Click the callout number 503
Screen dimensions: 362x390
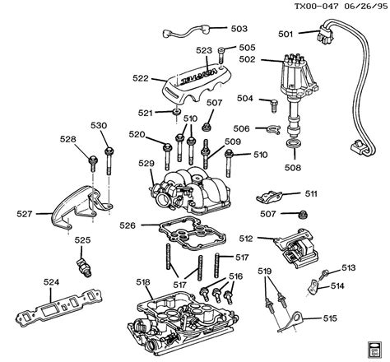[x=239, y=28]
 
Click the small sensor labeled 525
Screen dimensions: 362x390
[x=82, y=268]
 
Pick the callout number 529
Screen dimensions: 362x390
[x=146, y=164]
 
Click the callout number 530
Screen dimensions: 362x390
[x=100, y=125]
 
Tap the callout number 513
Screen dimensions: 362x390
[x=349, y=267]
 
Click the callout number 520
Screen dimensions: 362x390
[x=137, y=135]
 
